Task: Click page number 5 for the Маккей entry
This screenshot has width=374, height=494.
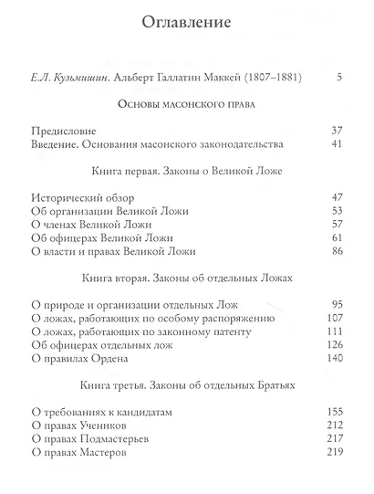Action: click(x=338, y=76)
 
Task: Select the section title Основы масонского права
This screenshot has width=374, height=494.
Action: click(x=186, y=106)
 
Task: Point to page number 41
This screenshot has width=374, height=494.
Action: click(x=335, y=144)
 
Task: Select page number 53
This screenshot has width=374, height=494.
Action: click(x=335, y=211)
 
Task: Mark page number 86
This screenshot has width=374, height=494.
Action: click(x=335, y=251)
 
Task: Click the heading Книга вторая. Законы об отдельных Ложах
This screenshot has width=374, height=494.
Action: click(x=186, y=279)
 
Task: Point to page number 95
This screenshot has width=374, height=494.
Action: click(x=335, y=305)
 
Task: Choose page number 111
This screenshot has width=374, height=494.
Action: click(x=332, y=332)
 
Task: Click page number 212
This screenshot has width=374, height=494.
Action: click(x=332, y=426)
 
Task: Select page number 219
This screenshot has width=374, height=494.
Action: click(x=332, y=453)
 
